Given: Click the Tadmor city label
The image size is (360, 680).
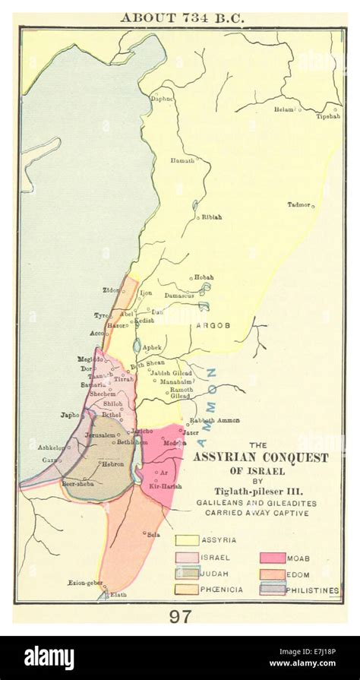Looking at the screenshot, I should click(298, 204).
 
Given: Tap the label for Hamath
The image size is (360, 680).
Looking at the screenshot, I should click(182, 160).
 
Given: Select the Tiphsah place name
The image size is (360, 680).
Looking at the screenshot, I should click(328, 116).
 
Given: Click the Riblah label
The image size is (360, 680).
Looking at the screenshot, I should click(212, 217).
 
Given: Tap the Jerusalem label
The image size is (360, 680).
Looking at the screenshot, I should click(100, 435).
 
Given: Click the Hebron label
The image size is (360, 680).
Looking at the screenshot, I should click(113, 463).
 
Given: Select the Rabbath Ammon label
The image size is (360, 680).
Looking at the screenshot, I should click(214, 420).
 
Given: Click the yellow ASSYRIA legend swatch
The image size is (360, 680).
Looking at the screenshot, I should click(188, 540).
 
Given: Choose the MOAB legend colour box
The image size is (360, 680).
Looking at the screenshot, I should click(273, 558).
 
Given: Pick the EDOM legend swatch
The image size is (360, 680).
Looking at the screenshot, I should click(273, 574).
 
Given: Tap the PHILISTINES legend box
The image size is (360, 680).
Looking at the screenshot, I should click(273, 589).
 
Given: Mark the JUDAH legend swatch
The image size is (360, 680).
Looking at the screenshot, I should click(188, 573).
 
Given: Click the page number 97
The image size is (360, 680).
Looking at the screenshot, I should click(180, 616).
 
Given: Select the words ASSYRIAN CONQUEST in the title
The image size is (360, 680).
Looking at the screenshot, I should click(261, 457).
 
